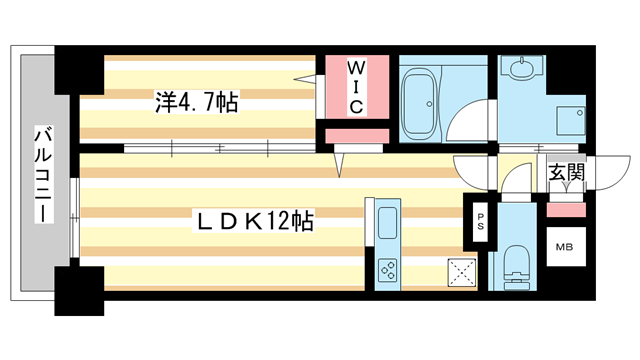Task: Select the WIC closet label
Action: [355, 86]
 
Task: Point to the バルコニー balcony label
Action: [42, 175]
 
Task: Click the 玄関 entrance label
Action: [566, 173]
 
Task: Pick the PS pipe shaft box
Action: [480, 222]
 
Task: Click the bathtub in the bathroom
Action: [420, 100]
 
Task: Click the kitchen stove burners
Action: [387, 268]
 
